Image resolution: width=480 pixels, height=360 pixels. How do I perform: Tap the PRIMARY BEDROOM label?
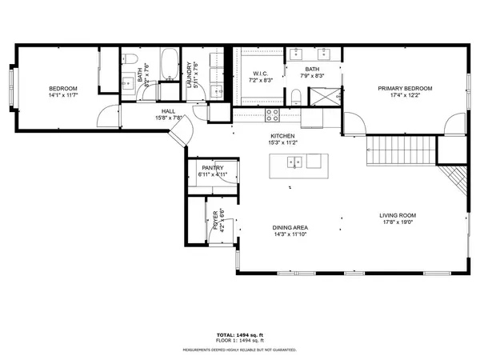click(406, 88)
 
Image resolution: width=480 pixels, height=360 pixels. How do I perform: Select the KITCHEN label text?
click(283, 136)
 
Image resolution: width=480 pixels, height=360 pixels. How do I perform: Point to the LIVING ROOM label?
click(398, 215)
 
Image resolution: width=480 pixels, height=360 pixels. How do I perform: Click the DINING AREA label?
click(290, 228)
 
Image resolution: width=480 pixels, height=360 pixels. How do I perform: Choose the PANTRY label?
click(212, 167)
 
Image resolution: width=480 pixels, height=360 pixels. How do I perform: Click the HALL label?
click(168, 111)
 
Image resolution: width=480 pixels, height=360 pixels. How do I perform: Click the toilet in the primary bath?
click(296, 98)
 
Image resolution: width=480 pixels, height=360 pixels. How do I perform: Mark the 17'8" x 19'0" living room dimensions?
click(398, 222)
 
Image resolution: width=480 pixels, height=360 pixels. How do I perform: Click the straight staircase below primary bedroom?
click(400, 150)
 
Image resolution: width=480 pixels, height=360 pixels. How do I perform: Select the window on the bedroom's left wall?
click(11, 82)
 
